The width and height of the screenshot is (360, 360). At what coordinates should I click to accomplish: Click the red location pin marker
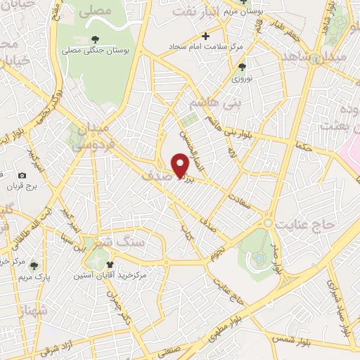[x=181, y=165]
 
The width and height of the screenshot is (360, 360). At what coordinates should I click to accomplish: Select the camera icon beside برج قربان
[x=22, y=175]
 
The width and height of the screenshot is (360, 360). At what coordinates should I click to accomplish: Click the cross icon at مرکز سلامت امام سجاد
[x=205, y=36]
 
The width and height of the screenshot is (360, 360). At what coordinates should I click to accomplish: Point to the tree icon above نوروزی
[x=242, y=67]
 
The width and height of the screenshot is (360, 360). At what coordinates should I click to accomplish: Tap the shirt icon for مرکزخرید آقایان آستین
[x=110, y=265]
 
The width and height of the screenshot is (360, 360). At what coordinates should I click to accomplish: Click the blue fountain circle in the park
[x=259, y=258]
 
